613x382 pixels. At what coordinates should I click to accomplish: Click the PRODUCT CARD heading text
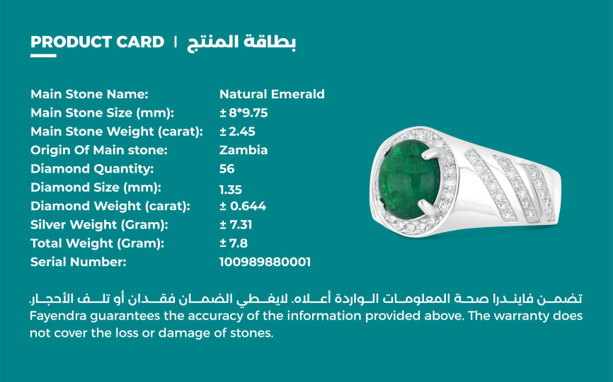[97, 42]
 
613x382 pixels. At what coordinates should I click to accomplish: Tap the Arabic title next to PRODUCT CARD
[241, 42]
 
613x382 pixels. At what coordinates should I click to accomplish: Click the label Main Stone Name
[89, 94]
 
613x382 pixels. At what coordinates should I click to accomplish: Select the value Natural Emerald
[272, 94]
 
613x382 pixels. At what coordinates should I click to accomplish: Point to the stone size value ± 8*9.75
[244, 112]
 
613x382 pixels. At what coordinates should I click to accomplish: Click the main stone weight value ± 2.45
[237, 132]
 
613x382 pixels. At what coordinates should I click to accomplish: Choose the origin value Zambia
[244, 150]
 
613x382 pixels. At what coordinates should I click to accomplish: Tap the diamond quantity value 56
[227, 169]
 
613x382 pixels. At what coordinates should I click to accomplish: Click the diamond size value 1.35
[231, 188]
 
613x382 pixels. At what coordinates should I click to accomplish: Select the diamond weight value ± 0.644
[243, 207]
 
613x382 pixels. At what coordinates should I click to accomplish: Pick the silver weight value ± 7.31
[236, 225]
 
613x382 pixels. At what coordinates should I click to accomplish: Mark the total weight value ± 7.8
[233, 243]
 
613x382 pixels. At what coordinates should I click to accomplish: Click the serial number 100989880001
[265, 262]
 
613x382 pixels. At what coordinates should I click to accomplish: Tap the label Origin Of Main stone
[99, 150]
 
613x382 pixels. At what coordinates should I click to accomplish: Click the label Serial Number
[78, 262]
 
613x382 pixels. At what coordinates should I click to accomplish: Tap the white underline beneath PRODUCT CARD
[43, 55]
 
